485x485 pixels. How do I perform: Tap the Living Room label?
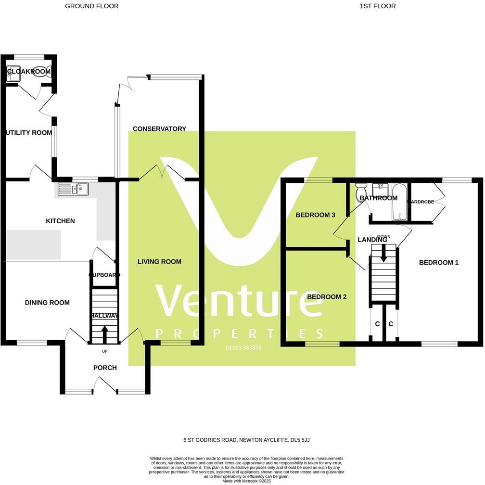(x=159, y=262)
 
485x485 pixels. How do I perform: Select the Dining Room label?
(x=47, y=303)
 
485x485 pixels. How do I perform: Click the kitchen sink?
(x=73, y=189)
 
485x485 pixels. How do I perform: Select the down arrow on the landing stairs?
(x=383, y=254)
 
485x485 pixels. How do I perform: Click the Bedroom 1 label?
(x=438, y=263)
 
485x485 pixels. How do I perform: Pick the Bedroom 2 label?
(x=327, y=297)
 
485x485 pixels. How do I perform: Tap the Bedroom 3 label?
(x=315, y=215)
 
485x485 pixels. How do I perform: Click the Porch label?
(x=105, y=368)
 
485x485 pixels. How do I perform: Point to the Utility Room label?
(x=28, y=133)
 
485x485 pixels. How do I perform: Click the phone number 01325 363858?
(x=243, y=347)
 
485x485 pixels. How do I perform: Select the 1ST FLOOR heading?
(x=377, y=6)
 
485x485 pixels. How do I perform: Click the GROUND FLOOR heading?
(x=91, y=6)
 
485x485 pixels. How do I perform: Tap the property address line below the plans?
(x=242, y=440)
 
